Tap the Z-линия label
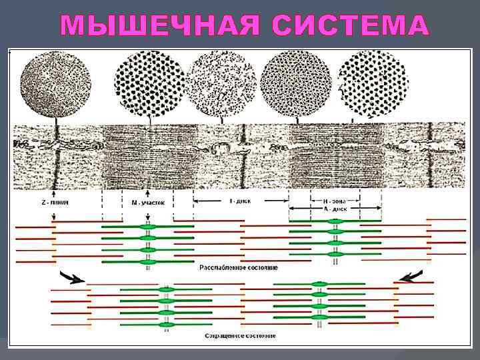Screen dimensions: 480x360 coord(54,201)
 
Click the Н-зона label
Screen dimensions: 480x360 coord(335,199)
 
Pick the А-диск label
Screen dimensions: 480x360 coord(335,207)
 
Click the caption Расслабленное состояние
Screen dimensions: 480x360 coord(238,267)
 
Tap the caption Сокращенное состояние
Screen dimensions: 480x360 coord(238,335)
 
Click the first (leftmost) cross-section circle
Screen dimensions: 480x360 coord(55,85)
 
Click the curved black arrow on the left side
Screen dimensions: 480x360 coord(71,277)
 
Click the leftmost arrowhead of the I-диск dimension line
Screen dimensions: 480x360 coord(195,199)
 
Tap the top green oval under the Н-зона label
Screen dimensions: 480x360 coord(335,221)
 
